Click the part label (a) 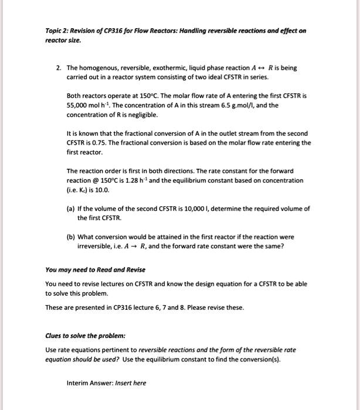pyautogui.click(x=71, y=209)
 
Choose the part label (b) pyautogui.click(x=71, y=237)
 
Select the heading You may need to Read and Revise pyautogui.click(x=96, y=270)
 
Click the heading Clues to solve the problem pyautogui.click(x=82, y=337)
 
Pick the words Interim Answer pyautogui.click(x=90, y=383)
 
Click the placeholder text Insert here pyautogui.click(x=131, y=383)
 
